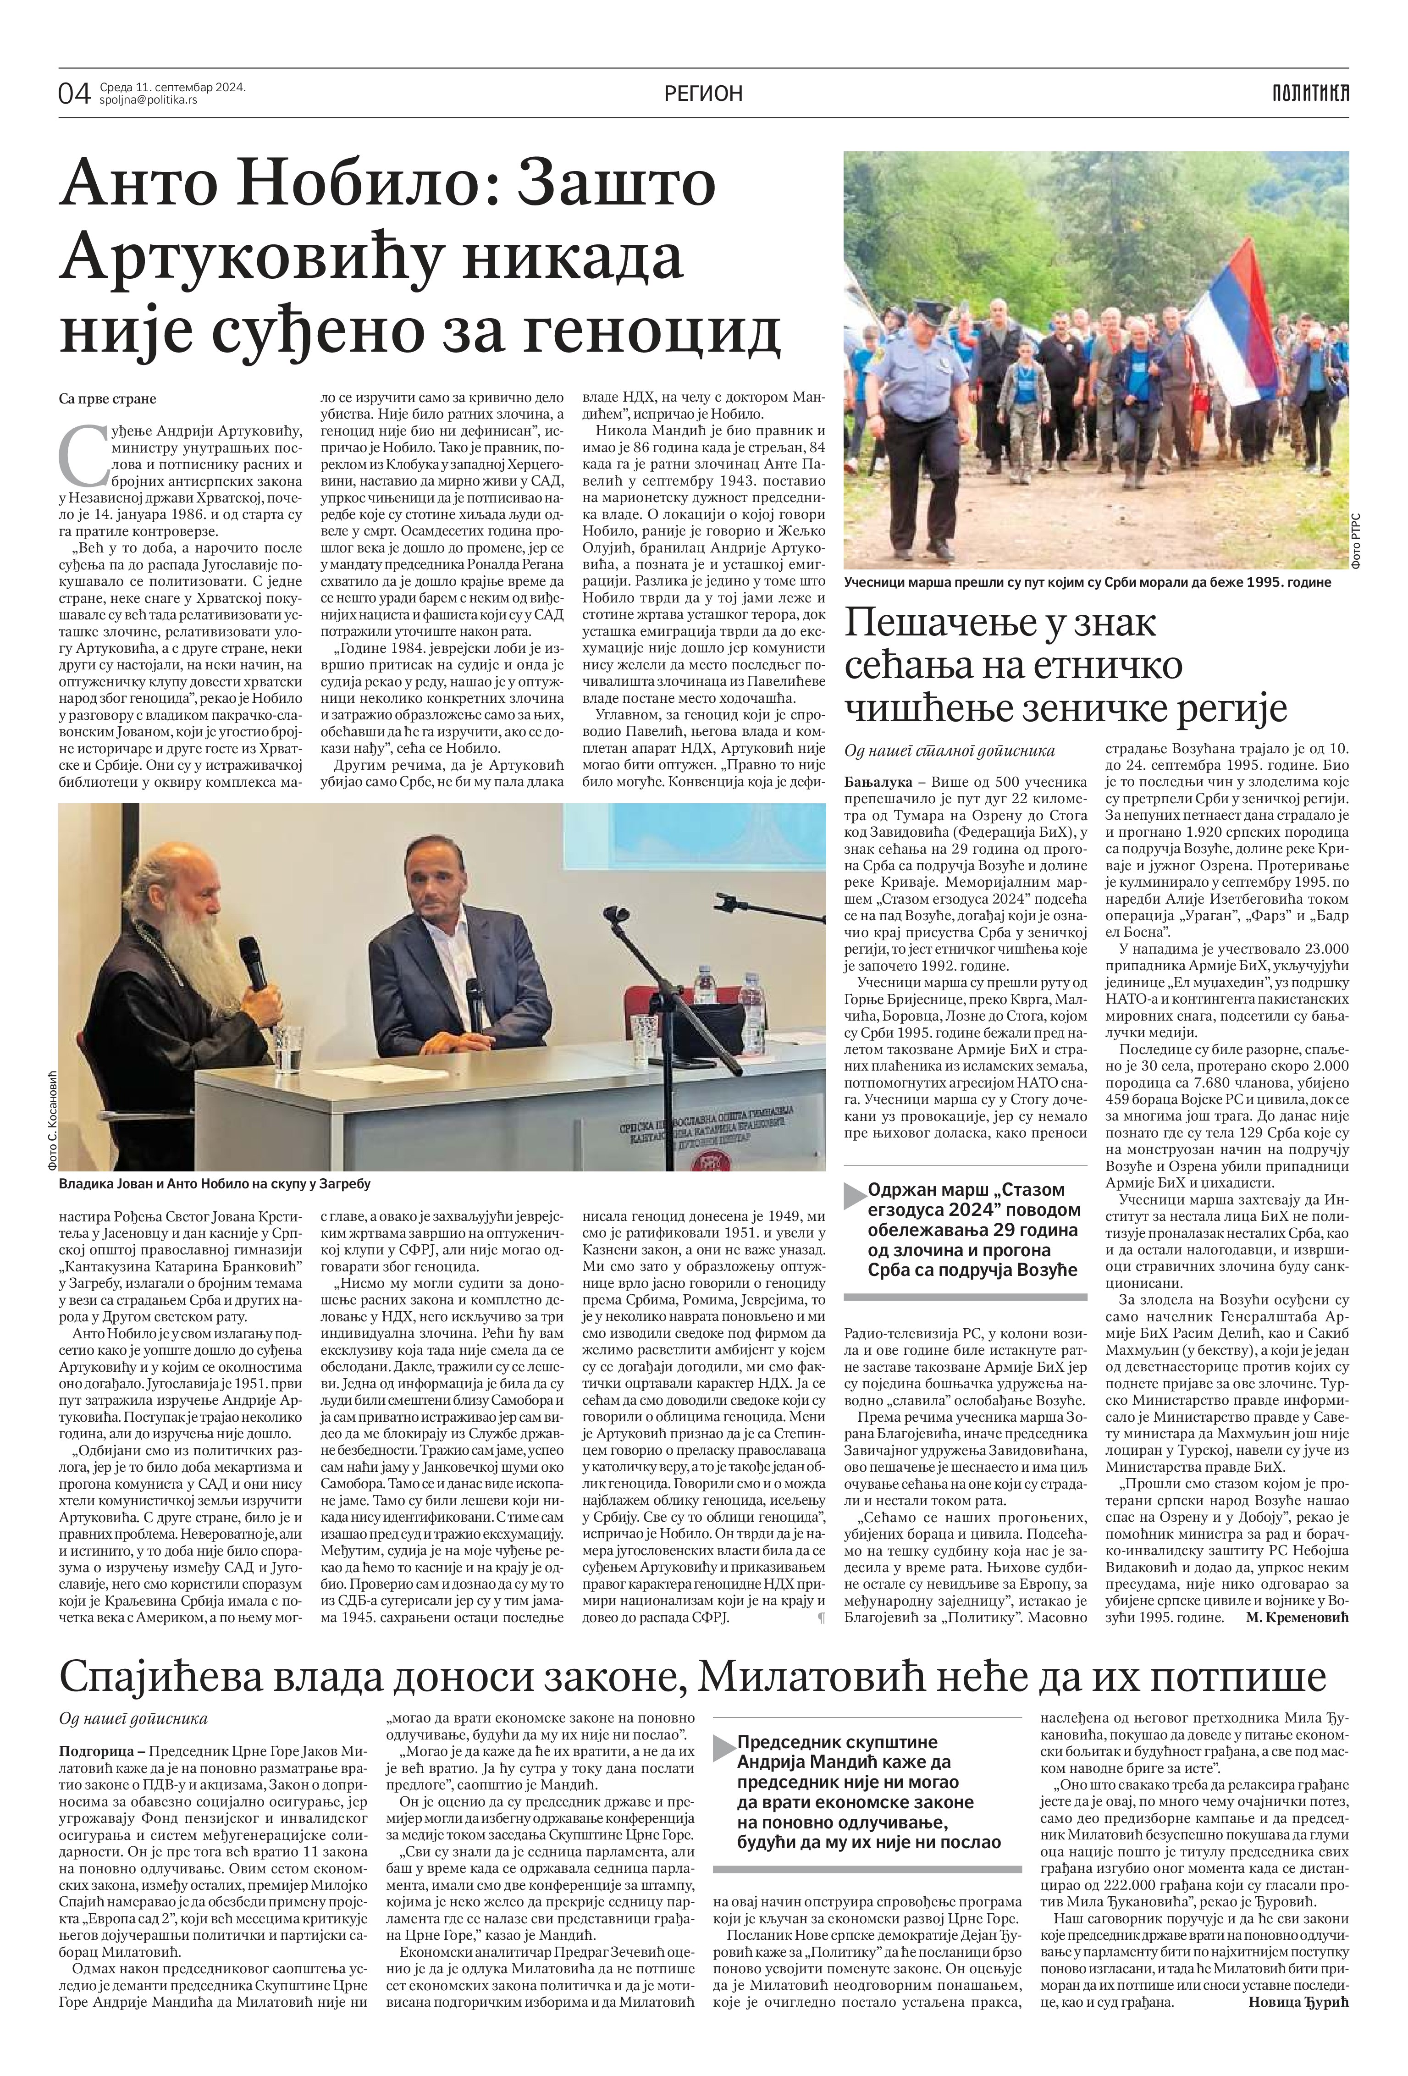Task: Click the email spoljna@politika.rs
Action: click(x=148, y=100)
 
